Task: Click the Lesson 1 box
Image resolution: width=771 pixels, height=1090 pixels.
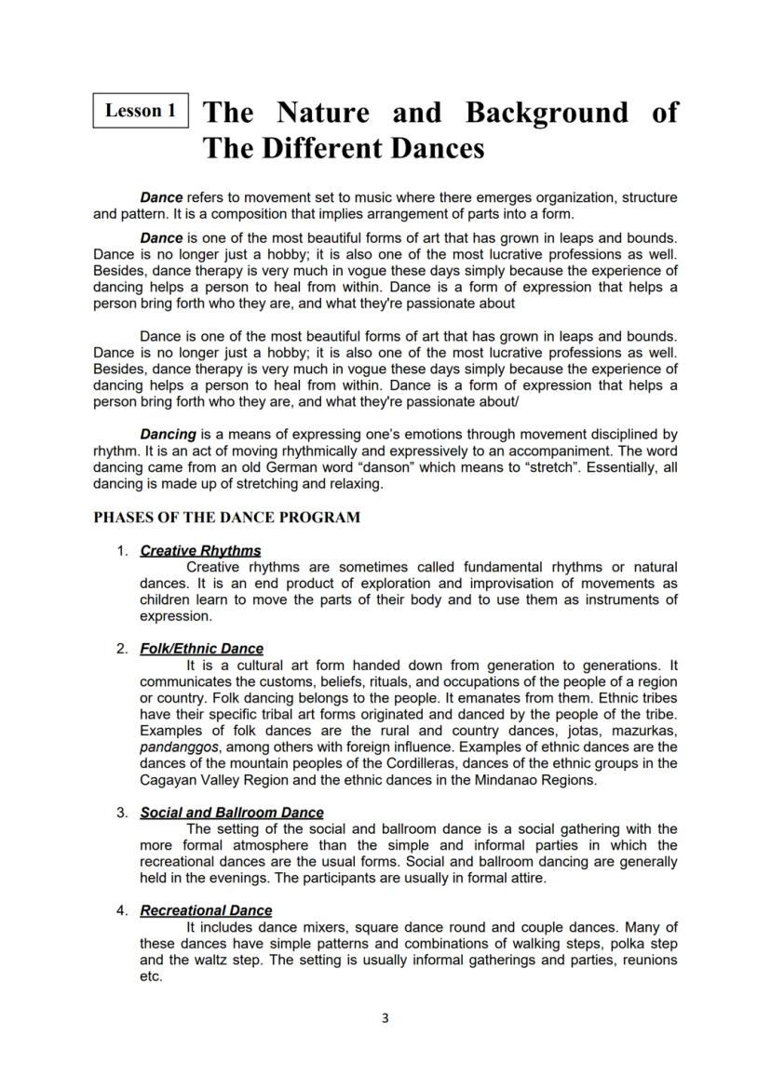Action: coord(141,111)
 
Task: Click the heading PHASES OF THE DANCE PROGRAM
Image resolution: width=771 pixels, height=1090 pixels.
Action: coord(226,518)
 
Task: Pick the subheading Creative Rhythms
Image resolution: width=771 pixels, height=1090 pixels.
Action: coord(200,551)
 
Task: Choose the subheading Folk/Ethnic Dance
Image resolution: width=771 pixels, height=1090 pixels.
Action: coord(201,649)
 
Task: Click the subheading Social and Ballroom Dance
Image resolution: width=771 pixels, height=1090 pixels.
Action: coord(232,813)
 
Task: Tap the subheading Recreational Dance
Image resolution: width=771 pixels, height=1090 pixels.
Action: coord(206,910)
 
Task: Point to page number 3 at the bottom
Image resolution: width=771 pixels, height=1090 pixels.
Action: coord(385,1018)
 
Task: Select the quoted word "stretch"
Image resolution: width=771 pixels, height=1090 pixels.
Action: coord(546,467)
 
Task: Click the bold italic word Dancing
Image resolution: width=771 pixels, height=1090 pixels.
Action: coord(168,435)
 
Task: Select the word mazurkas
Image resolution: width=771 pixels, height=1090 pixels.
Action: coord(641,731)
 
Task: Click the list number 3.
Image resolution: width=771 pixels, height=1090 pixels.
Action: coord(122,813)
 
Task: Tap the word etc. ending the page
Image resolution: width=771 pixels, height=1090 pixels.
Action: coord(151,976)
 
